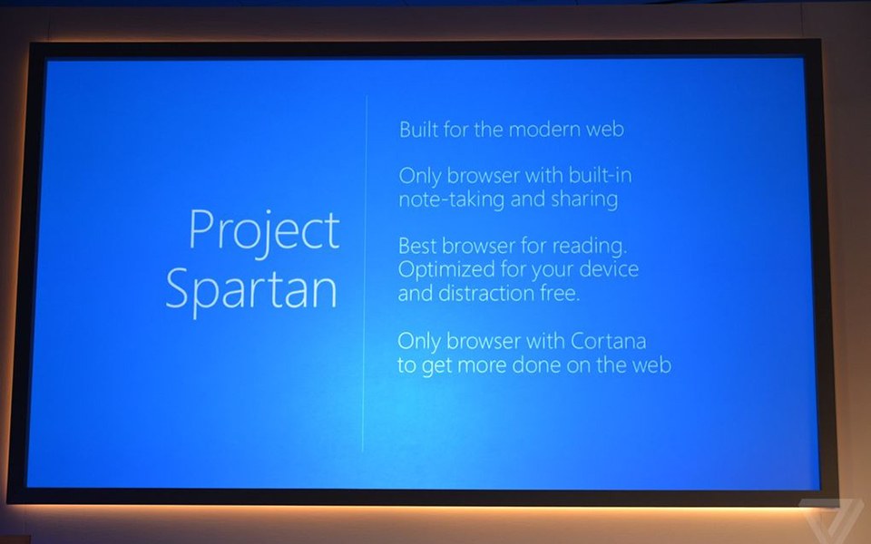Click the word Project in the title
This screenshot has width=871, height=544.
tap(263, 231)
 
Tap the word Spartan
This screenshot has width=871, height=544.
tap(251, 289)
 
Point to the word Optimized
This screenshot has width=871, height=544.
tap(444, 269)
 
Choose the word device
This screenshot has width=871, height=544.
tap(609, 269)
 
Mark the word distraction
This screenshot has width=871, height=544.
tap(488, 293)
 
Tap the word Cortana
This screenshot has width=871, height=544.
tap(609, 342)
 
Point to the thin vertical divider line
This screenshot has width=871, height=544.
tap(364, 272)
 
